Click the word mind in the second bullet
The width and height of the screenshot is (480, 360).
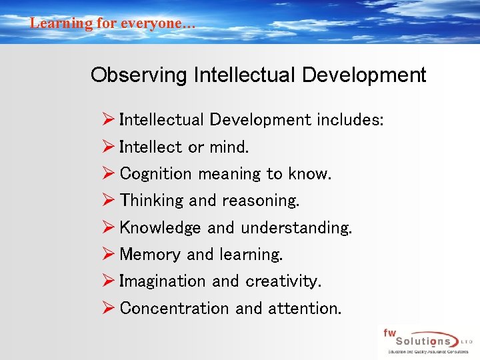click(x=228, y=147)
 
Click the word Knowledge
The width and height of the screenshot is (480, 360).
click(x=160, y=227)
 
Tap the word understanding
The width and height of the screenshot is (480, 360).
click(x=296, y=227)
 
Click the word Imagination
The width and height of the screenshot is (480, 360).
click(x=163, y=281)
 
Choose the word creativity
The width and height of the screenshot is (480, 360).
click(x=283, y=281)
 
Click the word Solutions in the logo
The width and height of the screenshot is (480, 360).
click(x=423, y=341)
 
